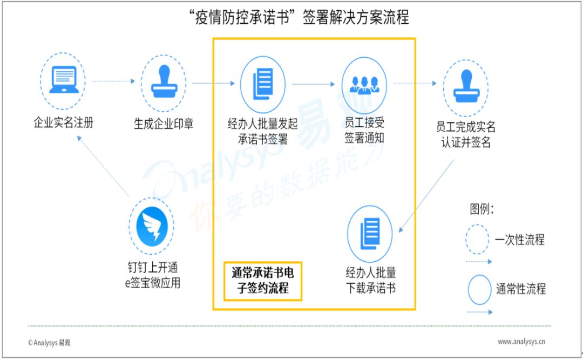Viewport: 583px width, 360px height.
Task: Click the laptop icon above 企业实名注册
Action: click(64, 79)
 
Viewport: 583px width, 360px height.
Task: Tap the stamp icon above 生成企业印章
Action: click(164, 81)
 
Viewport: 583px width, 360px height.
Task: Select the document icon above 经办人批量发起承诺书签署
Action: click(263, 84)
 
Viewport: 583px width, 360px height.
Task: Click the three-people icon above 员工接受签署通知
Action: click(364, 85)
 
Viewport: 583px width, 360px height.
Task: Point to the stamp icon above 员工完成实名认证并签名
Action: click(466, 86)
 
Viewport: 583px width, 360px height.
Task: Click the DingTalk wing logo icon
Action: click(152, 226)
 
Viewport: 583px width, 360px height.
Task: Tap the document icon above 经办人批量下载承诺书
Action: click(370, 234)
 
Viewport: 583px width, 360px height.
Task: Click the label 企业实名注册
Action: click(64, 123)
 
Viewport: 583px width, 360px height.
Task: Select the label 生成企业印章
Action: click(164, 124)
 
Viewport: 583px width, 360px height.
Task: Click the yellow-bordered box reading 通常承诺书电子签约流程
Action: click(262, 281)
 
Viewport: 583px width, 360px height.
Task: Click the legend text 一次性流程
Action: click(520, 240)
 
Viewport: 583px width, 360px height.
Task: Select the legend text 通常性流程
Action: click(521, 289)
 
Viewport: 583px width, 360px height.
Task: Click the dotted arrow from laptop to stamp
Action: click(113, 81)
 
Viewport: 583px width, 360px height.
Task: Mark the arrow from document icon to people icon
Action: click(314, 84)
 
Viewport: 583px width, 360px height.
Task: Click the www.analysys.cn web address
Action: click(521, 342)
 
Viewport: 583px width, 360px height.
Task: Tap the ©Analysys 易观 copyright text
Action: click(49, 343)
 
